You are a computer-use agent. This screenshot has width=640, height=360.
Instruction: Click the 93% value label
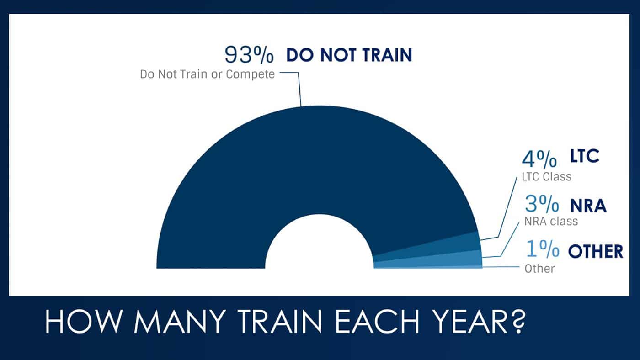[249, 54]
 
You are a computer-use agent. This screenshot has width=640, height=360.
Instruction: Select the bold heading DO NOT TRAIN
[349, 55]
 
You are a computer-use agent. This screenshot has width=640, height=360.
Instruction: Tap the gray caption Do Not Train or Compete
[208, 74]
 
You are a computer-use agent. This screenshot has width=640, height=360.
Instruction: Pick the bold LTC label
[584, 157]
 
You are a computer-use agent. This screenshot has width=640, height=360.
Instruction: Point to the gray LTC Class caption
[546, 176]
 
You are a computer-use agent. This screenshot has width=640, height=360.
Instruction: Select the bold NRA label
[588, 206]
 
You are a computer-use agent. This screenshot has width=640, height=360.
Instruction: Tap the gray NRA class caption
[550, 222]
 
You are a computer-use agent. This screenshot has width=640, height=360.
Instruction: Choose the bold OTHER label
[595, 251]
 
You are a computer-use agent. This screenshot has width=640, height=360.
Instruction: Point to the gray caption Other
[539, 268]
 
